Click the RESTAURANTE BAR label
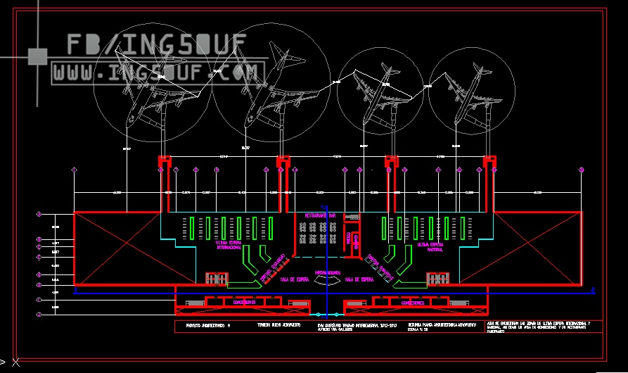pos(320,215)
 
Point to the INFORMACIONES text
pos(328,272)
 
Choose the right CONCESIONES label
pos(412,303)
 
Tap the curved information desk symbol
pos(328,280)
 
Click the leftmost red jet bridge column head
pos(163,162)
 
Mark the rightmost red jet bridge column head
pos(490,162)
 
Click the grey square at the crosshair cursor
pos(37,55)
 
